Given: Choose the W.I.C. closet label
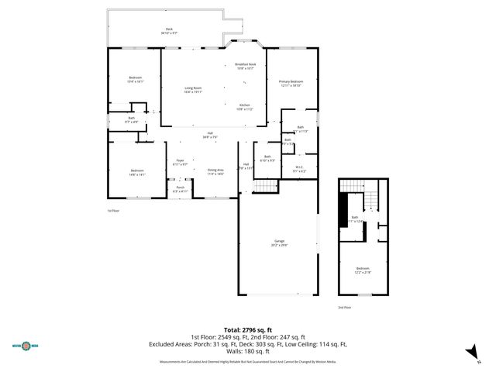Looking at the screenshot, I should (300, 169).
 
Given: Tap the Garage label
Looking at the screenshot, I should (279, 243).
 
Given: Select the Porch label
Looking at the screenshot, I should (179, 189).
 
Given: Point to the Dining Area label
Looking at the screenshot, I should (215, 171).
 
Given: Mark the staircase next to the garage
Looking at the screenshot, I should (267, 186).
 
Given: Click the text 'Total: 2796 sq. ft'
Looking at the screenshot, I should (247, 330).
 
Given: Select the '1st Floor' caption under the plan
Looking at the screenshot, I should (113, 211).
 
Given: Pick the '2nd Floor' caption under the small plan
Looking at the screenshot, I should (345, 308).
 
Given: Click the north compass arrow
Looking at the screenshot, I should (469, 353).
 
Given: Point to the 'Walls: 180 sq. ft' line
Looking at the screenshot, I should (247, 354).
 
